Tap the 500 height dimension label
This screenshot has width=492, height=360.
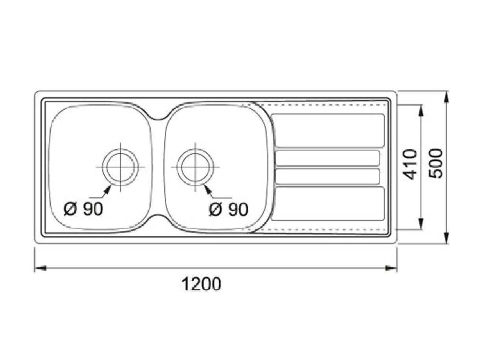point(436,163)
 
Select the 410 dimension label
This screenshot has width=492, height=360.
point(409,165)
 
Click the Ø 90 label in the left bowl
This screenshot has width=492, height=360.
point(83,209)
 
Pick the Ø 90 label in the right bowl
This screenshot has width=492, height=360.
point(228,209)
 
